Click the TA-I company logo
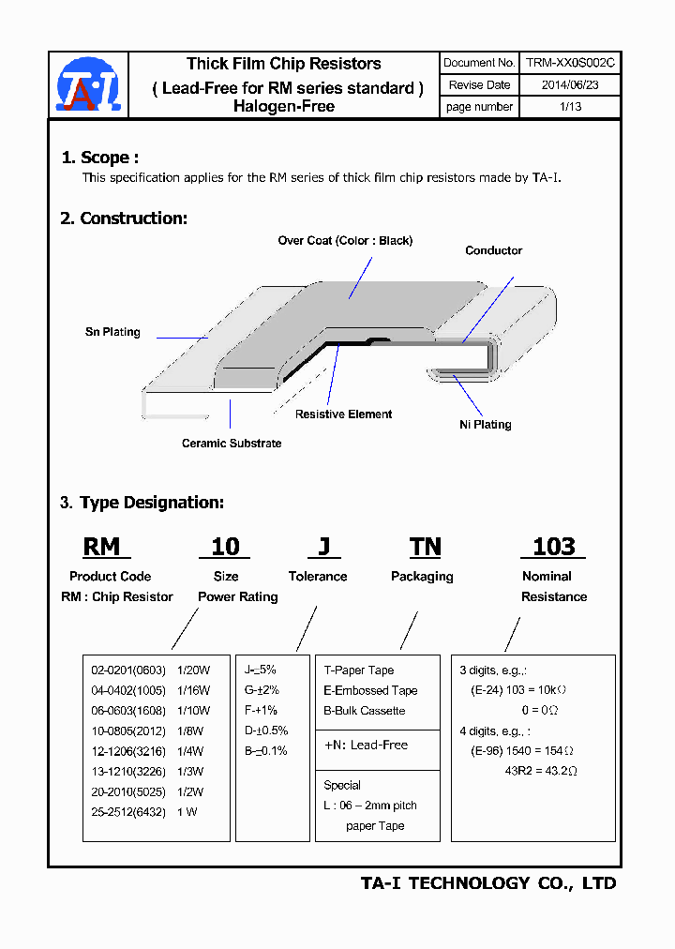click(x=88, y=84)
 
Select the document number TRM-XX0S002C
click(x=569, y=63)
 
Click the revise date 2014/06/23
click(x=569, y=84)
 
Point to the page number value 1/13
click(x=569, y=107)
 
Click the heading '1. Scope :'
click(x=99, y=158)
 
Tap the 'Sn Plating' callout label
click(x=112, y=332)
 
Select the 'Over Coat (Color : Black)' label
click(x=345, y=241)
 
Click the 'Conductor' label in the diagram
click(x=493, y=250)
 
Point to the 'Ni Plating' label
click(x=485, y=425)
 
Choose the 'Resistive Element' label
click(x=343, y=414)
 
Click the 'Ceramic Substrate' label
click(x=232, y=443)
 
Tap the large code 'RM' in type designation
click(x=102, y=547)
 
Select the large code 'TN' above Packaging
click(x=425, y=547)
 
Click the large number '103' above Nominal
click(x=553, y=547)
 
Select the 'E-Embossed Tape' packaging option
click(x=370, y=690)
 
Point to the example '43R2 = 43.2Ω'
click(x=539, y=771)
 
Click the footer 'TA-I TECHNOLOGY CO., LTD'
click(x=488, y=883)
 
